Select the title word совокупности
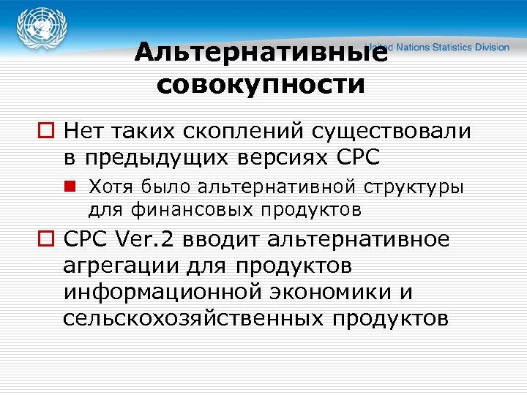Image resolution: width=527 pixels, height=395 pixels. coord(261,84)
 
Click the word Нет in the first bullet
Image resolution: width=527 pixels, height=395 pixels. coord(83,132)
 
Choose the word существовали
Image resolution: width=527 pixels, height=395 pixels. coord(392,132)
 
